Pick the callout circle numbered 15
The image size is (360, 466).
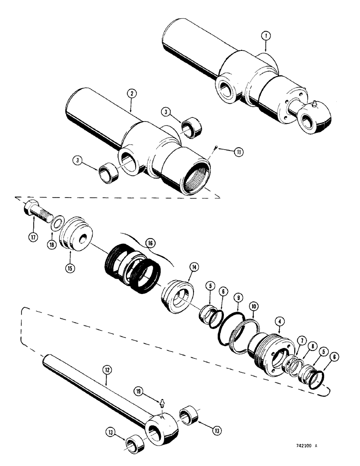click(70, 268)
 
